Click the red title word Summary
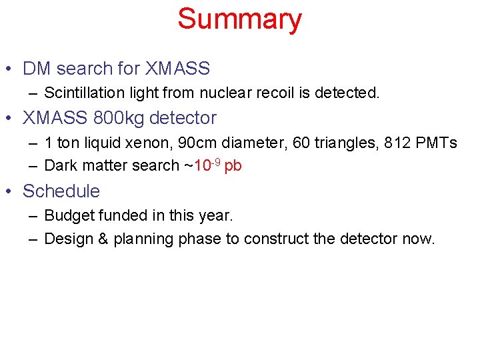pos(239,19)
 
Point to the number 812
pos(395,143)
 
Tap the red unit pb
pos(233,167)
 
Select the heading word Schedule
pos(61,191)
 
